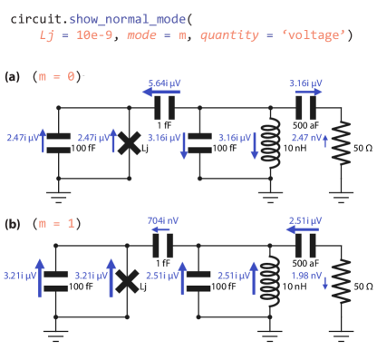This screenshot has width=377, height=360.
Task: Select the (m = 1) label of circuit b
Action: pyautogui.click(x=56, y=222)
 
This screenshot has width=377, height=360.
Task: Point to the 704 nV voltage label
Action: pyautogui.click(x=163, y=219)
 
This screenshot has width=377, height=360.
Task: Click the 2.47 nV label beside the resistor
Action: pyautogui.click(x=304, y=139)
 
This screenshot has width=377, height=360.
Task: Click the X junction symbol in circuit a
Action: pyautogui.click(x=128, y=141)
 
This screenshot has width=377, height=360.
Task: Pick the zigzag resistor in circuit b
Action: pyautogui.click(x=341, y=281)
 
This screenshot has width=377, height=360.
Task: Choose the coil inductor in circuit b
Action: pyautogui.click(x=269, y=281)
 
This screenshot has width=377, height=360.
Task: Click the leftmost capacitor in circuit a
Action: pyautogui.click(x=58, y=141)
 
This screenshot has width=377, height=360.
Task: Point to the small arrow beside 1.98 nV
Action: pyautogui.click(x=324, y=283)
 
